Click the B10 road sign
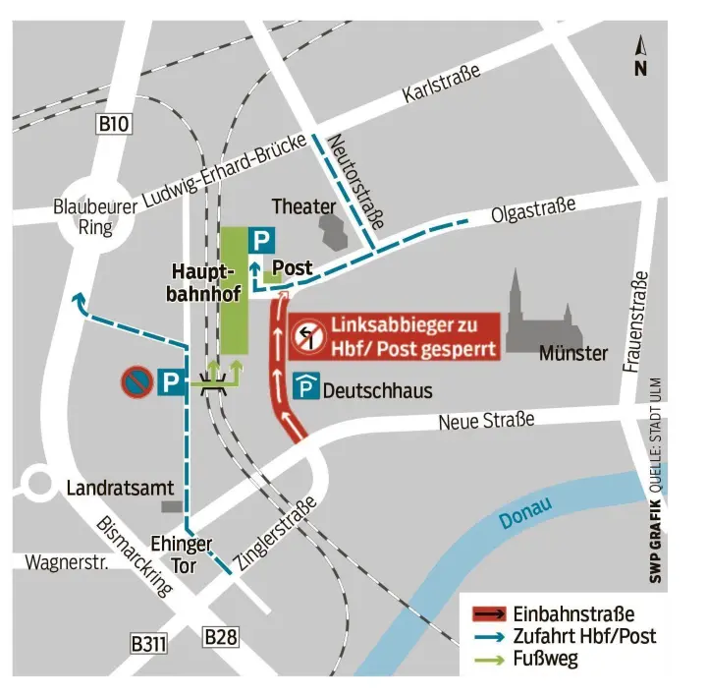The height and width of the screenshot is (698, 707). click(x=114, y=124)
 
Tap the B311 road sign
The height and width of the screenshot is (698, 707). click(x=148, y=644)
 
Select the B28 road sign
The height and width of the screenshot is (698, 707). click(x=221, y=638)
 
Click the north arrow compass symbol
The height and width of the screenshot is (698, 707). click(x=640, y=56)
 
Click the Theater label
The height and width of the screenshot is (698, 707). click(x=303, y=206)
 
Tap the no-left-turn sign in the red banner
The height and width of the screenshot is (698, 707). click(x=307, y=337)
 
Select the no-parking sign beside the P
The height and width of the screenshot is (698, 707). click(x=136, y=381)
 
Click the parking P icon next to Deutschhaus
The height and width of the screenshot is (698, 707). click(x=307, y=388)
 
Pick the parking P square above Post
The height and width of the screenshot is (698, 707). click(x=259, y=239)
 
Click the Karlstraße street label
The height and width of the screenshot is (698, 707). click(x=441, y=84)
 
